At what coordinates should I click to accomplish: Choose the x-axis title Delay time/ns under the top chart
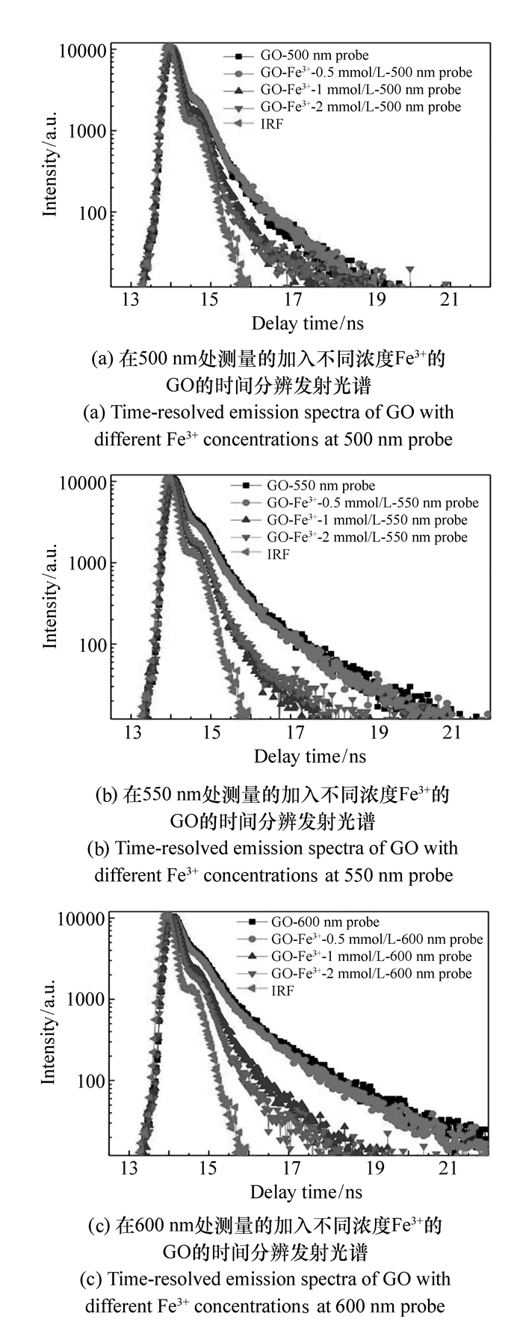coord(308,324)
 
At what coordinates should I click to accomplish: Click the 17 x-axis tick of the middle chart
coord(296,732)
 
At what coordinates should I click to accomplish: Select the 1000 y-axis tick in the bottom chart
coord(88,1000)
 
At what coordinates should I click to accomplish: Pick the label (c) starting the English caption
coord(90,1279)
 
